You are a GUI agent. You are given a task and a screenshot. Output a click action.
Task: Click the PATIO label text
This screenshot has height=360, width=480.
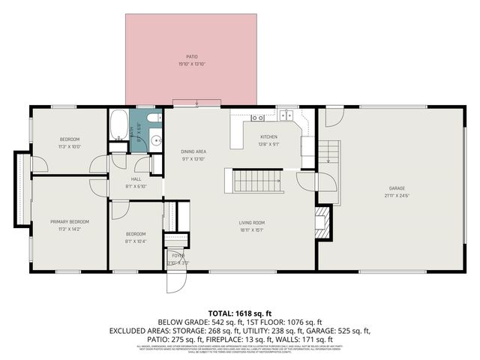point(191,56)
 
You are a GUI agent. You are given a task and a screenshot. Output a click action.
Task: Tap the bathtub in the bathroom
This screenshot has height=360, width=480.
point(119,125)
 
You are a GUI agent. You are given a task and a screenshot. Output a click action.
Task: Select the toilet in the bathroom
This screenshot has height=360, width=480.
point(152,118)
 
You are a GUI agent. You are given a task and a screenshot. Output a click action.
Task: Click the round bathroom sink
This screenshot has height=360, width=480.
point(156,140)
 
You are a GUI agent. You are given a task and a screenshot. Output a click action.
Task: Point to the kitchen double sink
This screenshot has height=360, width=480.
point(285,116)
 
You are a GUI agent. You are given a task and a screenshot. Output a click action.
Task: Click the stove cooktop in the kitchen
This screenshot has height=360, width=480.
point(256,118)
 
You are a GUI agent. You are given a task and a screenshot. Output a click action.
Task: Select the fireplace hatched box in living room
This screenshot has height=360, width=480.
point(321,223)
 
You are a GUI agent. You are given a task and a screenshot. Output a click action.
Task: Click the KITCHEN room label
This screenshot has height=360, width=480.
point(268,136)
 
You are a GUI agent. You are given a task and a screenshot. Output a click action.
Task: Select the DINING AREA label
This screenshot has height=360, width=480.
point(193,152)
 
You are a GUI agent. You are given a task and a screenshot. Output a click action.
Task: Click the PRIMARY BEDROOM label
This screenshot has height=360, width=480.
point(70,222)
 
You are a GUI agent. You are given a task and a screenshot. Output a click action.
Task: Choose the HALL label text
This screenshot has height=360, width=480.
point(136,179)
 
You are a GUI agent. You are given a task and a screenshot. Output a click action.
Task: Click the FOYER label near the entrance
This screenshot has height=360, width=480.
point(178,256)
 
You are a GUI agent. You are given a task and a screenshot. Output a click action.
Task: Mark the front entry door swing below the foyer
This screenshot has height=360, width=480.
point(175,281)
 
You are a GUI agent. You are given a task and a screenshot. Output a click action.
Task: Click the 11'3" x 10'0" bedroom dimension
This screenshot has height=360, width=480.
point(70,146)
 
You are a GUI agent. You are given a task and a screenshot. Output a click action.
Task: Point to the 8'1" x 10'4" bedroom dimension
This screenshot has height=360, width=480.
point(136,241)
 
